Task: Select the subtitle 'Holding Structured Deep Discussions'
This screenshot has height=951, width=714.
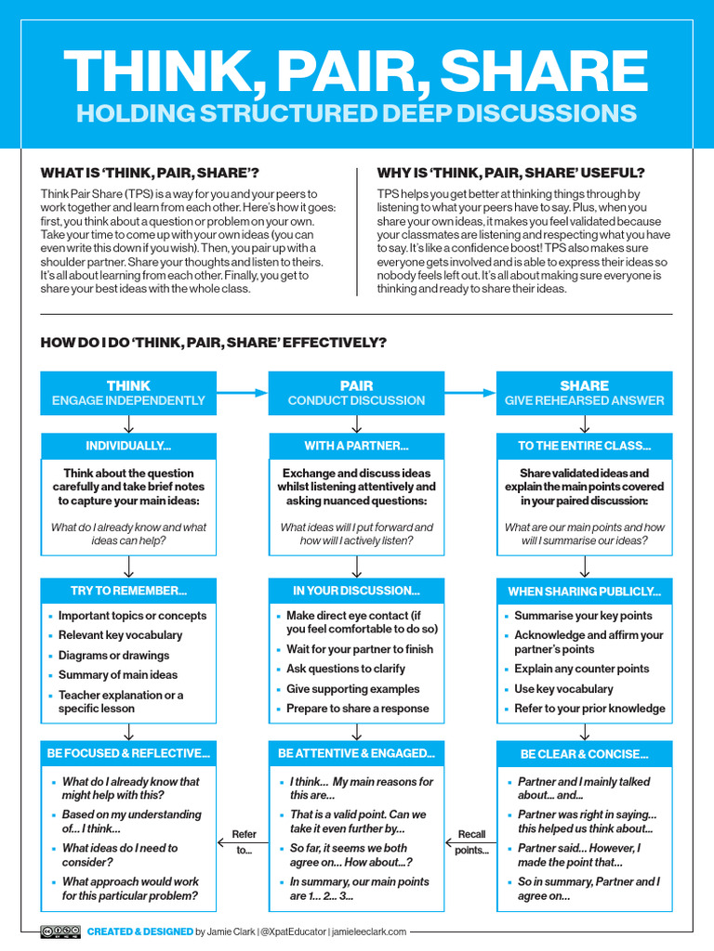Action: [x=356, y=113]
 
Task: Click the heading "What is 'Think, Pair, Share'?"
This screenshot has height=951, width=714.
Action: [x=150, y=173]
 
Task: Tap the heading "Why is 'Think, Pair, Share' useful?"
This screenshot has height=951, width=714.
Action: [x=510, y=173]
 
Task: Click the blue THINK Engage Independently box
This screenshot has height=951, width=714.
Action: [x=128, y=393]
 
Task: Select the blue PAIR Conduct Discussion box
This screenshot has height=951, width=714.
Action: [x=356, y=393]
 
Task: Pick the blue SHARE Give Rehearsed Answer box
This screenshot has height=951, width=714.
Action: [x=584, y=393]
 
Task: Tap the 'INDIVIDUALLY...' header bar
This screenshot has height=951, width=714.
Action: [x=128, y=446]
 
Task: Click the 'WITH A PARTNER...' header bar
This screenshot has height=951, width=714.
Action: [x=356, y=446]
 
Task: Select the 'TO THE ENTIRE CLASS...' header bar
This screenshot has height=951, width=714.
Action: [x=584, y=446]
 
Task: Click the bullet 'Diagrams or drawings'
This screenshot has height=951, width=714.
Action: [x=113, y=655]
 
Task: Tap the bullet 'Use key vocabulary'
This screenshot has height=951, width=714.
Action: [x=563, y=689]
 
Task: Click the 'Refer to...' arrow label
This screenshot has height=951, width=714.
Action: [x=243, y=842]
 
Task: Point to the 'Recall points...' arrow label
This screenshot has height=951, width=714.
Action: [x=470, y=842]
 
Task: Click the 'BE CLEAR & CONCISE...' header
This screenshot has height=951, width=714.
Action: [x=584, y=754]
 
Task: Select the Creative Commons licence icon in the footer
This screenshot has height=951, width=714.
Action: [x=59, y=931]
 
